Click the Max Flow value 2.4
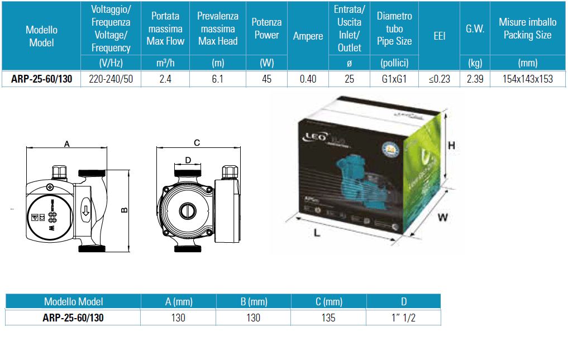pyautogui.click(x=165, y=79)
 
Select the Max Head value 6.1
pyautogui.click(x=218, y=79)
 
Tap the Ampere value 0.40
pyautogui.click(x=308, y=79)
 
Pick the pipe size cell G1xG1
pyautogui.click(x=394, y=79)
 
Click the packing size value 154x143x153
pyautogui.click(x=527, y=79)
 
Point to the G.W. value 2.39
pyautogui.click(x=475, y=79)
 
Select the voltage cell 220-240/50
pyautogui.click(x=111, y=79)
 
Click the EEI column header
pyautogui.click(x=439, y=36)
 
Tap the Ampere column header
pyautogui.click(x=308, y=36)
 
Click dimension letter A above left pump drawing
pyautogui.click(x=66, y=144)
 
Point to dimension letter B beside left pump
pyautogui.click(x=125, y=210)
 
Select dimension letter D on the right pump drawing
pyautogui.click(x=188, y=160)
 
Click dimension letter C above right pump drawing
pyautogui.click(x=197, y=143)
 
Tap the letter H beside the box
pyautogui.click(x=452, y=146)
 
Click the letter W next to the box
pyautogui.click(x=442, y=218)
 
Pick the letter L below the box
pyautogui.click(x=317, y=233)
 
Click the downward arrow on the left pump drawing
pyautogui.click(x=85, y=212)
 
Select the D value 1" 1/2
pyautogui.click(x=403, y=318)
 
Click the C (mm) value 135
pyautogui.click(x=328, y=318)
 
